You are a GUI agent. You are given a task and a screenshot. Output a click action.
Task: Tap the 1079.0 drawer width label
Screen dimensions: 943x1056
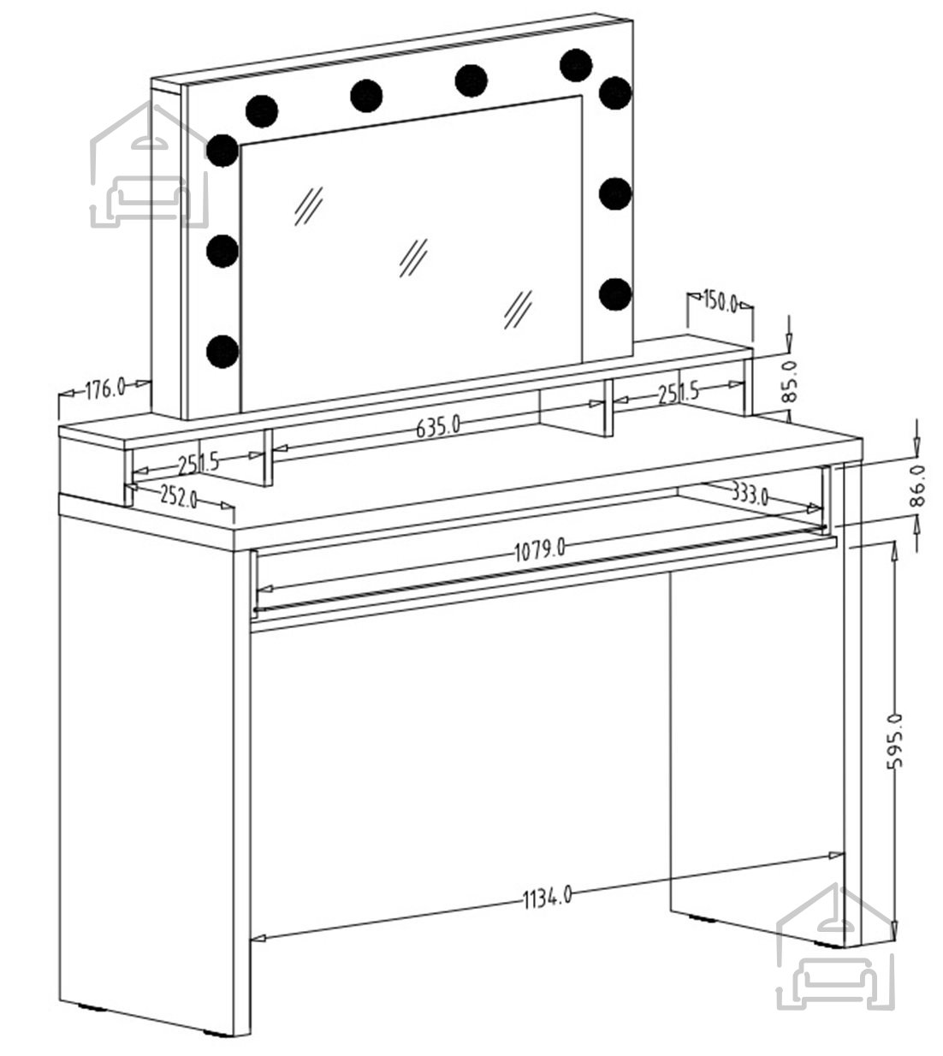click(539, 551)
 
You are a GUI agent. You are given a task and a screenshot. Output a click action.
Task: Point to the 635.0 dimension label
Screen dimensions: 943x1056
click(438, 427)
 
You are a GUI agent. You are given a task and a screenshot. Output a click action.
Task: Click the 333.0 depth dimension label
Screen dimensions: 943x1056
click(750, 493)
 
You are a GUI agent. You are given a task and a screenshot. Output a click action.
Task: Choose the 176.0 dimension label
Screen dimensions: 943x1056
click(104, 389)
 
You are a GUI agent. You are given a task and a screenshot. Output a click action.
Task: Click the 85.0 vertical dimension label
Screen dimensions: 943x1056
click(791, 381)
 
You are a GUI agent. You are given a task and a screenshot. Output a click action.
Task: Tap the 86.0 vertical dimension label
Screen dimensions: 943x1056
click(917, 485)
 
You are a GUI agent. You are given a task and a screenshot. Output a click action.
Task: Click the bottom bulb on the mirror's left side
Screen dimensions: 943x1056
click(222, 352)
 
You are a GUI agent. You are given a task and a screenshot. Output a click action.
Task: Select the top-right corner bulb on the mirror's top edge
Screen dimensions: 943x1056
click(576, 65)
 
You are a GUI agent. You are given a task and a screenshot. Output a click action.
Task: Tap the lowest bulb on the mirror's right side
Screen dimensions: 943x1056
click(615, 294)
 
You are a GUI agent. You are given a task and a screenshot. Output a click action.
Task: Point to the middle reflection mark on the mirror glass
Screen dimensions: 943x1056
click(413, 258)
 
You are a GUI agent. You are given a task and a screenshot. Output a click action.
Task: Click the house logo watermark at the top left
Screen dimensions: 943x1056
click(150, 164)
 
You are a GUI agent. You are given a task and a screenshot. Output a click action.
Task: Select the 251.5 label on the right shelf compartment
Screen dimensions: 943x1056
click(679, 394)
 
